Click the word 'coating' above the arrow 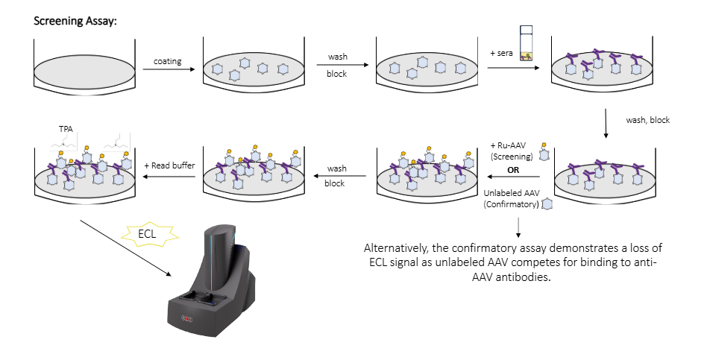coord(168,60)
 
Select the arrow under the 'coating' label coord(169,71)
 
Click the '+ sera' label coord(501,53)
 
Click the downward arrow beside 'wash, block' coord(605,124)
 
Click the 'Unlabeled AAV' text coord(513,192)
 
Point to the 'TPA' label coord(66,128)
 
